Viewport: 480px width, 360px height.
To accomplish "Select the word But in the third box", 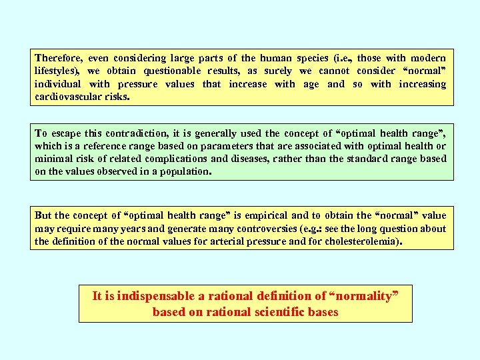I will pyautogui.click(x=43, y=215).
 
